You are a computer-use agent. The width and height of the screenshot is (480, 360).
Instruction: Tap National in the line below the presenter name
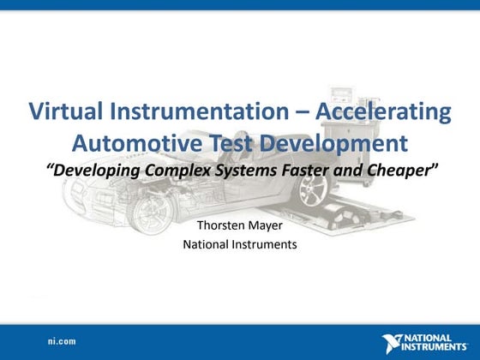click(208, 245)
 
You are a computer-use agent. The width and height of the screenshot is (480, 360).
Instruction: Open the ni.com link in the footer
click(62, 341)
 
